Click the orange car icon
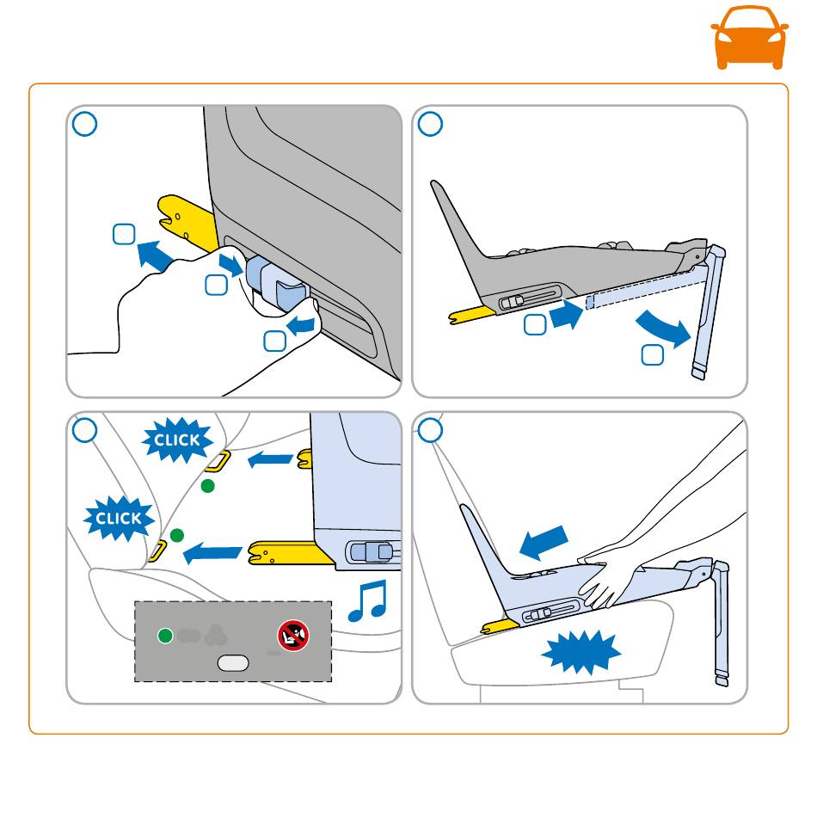point(749,37)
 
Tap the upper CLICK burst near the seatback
point(176,440)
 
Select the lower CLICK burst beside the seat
point(119,519)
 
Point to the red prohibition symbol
point(292,637)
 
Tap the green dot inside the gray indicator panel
point(166,637)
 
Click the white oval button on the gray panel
point(233,662)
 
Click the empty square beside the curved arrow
point(652,354)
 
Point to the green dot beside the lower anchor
point(177,535)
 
